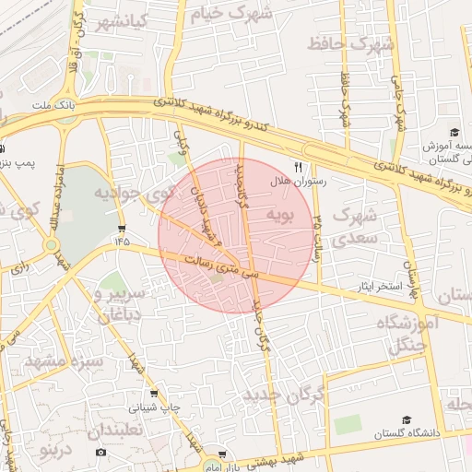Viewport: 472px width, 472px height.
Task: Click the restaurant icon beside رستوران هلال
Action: point(297,166)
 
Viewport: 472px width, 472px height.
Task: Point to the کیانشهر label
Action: point(107,22)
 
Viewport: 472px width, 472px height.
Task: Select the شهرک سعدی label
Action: point(355,226)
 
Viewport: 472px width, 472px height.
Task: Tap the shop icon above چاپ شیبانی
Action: point(153,392)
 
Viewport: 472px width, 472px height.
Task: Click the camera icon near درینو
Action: point(100,452)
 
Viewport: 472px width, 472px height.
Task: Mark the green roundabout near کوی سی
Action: point(52,245)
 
